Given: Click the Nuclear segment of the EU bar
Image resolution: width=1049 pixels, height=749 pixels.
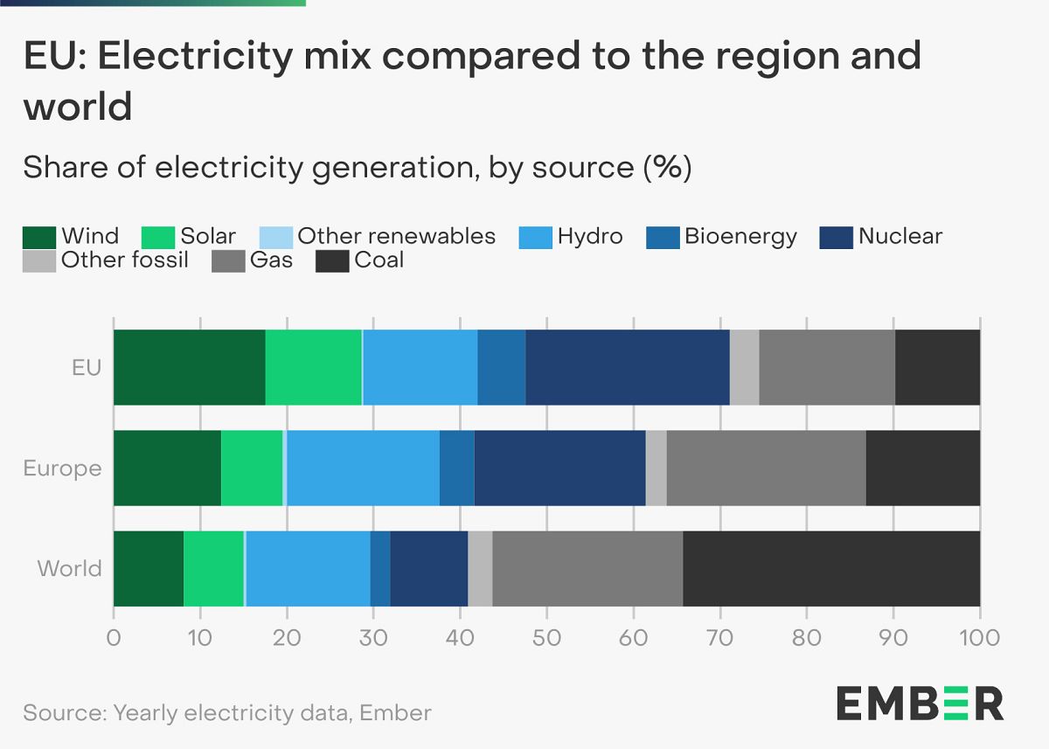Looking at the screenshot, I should (x=627, y=368).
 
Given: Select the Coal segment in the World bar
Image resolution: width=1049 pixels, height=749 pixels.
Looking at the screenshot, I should (x=830, y=568).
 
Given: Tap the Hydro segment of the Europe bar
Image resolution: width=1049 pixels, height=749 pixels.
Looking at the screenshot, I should (x=363, y=468).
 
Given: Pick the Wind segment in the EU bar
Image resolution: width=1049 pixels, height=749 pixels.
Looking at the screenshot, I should (x=189, y=368).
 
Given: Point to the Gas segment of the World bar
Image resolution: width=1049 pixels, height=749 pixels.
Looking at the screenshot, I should (x=587, y=568).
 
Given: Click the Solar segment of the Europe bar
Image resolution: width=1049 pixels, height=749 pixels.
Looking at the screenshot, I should (x=252, y=468).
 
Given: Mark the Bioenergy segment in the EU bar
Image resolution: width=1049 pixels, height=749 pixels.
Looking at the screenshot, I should (x=501, y=368).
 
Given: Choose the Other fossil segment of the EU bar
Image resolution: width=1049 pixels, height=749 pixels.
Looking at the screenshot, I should (x=744, y=368).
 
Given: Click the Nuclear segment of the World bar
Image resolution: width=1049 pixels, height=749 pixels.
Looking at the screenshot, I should (x=429, y=568).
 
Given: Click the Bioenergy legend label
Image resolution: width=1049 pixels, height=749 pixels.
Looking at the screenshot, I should (x=740, y=236).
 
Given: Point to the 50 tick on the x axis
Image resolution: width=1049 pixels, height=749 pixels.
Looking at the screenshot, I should (x=546, y=637).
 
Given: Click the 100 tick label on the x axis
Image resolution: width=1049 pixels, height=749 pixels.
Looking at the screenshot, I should (x=979, y=637).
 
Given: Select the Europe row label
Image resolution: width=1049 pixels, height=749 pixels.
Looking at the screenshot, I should (x=63, y=468).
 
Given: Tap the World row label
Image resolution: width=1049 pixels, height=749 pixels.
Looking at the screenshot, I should (x=70, y=569).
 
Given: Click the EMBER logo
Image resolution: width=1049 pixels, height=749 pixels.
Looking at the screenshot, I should (x=920, y=703).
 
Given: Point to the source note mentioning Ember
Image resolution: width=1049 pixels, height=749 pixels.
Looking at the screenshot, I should (x=227, y=712).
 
